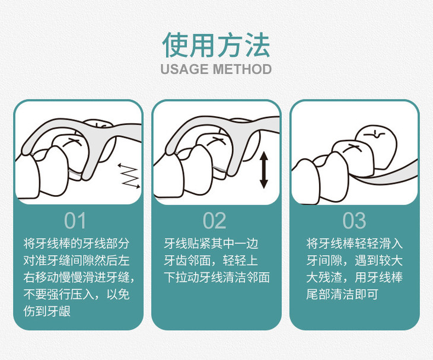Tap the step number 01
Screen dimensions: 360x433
click(x=75, y=221)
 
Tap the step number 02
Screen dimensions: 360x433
click(x=215, y=221)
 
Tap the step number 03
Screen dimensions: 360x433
click(x=354, y=221)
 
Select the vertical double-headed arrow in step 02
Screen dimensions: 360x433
click(x=263, y=170)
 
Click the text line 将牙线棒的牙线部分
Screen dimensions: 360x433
click(x=75, y=243)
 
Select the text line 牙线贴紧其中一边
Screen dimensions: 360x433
click(x=211, y=243)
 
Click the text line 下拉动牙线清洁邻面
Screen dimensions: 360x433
click(x=216, y=277)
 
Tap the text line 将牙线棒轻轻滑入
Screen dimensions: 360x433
click(x=354, y=243)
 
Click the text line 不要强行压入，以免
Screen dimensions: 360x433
click(x=75, y=294)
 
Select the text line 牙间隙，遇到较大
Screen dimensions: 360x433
click(x=354, y=260)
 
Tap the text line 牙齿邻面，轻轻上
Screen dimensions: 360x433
click(x=211, y=260)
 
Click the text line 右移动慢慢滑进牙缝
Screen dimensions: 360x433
click(x=75, y=277)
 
